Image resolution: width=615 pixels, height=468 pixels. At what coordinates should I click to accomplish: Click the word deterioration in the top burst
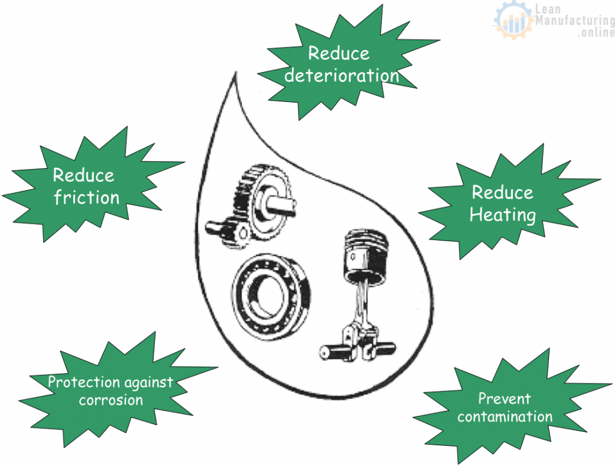point(341,76)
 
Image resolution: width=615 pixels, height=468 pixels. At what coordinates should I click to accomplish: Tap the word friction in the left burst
point(86,197)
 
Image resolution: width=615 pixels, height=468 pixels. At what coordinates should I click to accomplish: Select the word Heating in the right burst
point(502,214)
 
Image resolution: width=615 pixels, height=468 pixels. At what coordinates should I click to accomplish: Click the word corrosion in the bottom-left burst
point(111,399)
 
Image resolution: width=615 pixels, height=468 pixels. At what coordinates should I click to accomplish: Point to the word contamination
point(504,416)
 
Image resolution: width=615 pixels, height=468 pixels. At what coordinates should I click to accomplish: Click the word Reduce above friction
point(83,175)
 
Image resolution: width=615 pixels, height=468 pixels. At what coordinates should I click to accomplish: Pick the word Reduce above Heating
point(502,192)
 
